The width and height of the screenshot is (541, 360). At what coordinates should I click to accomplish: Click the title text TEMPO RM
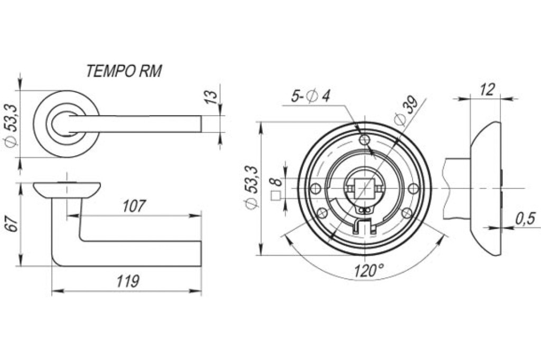tap(124, 71)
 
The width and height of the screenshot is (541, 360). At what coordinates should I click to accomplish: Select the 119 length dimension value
tap(128, 281)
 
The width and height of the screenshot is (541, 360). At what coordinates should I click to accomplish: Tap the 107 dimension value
tap(135, 206)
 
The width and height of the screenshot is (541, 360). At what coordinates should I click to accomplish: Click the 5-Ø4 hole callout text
tap(311, 96)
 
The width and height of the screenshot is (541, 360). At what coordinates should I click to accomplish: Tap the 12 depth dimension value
tap(487, 90)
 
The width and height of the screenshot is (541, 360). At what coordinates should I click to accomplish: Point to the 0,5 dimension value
tap(525, 219)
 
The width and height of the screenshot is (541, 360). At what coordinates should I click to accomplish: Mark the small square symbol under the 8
tap(276, 196)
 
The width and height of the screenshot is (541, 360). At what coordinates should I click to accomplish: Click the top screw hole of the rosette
tap(365, 140)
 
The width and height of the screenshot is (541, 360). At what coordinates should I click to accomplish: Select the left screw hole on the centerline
tap(315, 188)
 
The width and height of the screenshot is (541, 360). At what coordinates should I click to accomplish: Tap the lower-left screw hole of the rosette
tap(322, 213)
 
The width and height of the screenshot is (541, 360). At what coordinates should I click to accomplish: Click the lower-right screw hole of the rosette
tap(407, 213)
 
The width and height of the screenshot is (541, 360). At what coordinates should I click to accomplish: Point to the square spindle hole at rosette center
tap(365, 188)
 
